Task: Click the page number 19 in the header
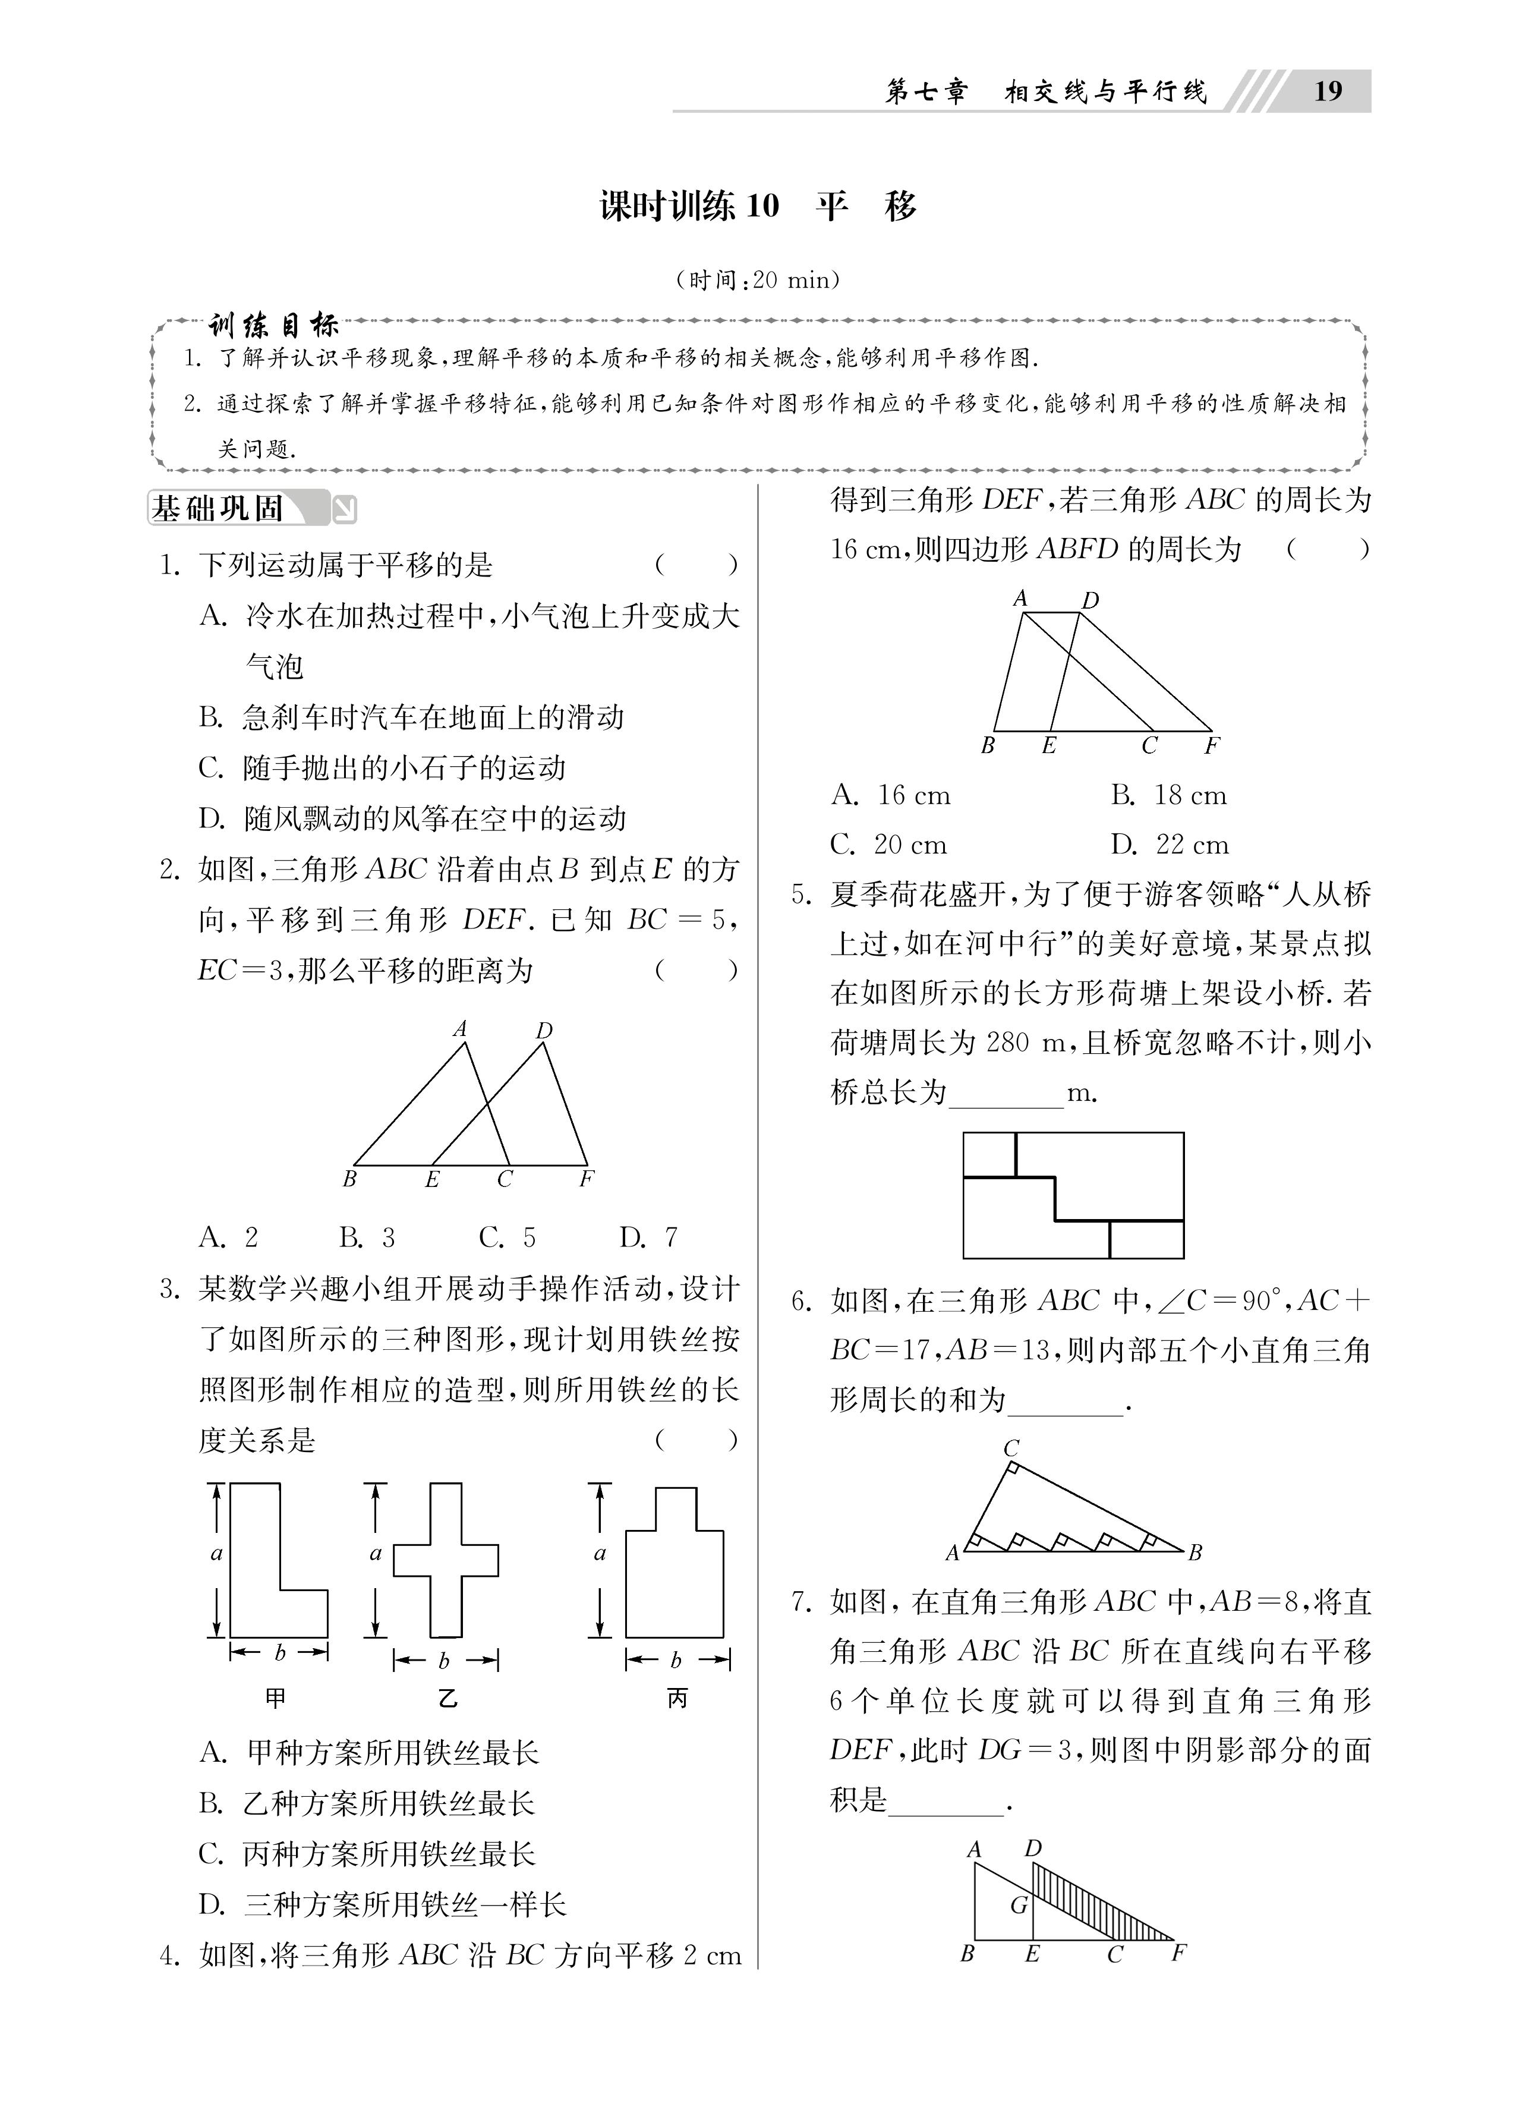(x=1327, y=92)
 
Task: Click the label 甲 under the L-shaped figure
(x=276, y=1698)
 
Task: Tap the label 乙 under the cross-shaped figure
(x=448, y=1698)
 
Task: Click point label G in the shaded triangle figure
(x=1019, y=1905)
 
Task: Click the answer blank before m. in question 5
(x=1006, y=1095)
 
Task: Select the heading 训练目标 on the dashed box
(x=273, y=325)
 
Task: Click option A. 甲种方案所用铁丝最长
(x=369, y=1752)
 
